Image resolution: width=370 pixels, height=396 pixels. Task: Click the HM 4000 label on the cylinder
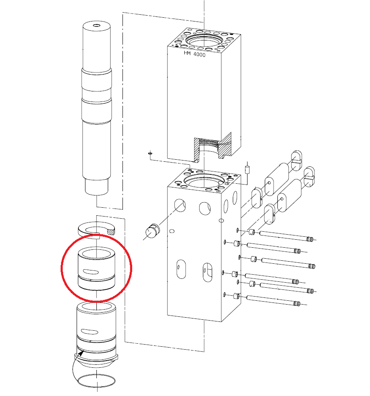click(194, 54)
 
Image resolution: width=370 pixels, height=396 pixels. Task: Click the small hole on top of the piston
click(96, 25)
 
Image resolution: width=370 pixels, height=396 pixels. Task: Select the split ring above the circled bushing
click(96, 230)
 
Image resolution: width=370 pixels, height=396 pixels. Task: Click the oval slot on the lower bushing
click(89, 332)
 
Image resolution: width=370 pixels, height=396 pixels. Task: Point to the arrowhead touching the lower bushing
click(81, 353)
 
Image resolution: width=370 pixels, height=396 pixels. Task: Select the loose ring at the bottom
click(96, 380)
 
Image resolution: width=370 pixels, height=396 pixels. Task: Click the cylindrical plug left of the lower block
click(153, 231)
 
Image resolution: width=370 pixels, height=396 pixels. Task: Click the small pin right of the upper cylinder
click(247, 169)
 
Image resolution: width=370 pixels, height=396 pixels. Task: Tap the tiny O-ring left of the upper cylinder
click(150, 153)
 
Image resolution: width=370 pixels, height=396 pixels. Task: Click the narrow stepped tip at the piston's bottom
click(96, 187)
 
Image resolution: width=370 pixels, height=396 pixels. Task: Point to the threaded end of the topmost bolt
click(310, 239)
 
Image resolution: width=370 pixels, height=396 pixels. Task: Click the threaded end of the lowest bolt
click(297, 303)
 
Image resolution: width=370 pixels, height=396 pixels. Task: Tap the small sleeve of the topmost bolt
click(252, 232)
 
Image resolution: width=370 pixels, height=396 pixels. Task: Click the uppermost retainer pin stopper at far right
click(297, 161)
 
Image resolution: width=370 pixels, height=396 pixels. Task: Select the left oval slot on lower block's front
click(181, 269)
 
